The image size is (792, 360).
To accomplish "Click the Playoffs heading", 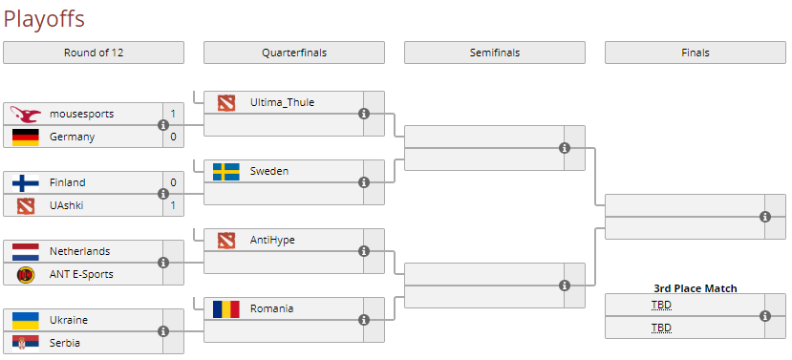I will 44,18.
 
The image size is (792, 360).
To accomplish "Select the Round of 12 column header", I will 94,53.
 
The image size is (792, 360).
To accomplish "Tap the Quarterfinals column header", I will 294,53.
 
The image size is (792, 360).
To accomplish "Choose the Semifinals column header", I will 495,53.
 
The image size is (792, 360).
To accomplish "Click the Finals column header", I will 696,53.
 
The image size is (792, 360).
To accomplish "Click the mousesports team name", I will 81,114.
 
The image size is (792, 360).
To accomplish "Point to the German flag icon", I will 25,137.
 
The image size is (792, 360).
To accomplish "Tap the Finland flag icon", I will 25,182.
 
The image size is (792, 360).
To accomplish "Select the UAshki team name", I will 67,205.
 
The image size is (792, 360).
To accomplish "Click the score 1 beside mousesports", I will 173,114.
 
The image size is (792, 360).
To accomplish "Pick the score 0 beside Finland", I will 173,182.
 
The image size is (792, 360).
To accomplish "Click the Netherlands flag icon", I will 25,251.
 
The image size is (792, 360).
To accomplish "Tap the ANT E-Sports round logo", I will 25,274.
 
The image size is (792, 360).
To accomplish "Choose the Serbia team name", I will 65,343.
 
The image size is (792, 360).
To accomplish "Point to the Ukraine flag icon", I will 25,320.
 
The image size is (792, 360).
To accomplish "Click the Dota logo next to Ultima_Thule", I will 225,102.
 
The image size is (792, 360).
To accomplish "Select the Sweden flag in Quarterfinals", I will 225,171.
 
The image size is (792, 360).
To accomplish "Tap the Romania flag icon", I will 225,308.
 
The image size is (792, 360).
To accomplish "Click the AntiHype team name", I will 272,240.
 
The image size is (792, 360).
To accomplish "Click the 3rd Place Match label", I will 695,288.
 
